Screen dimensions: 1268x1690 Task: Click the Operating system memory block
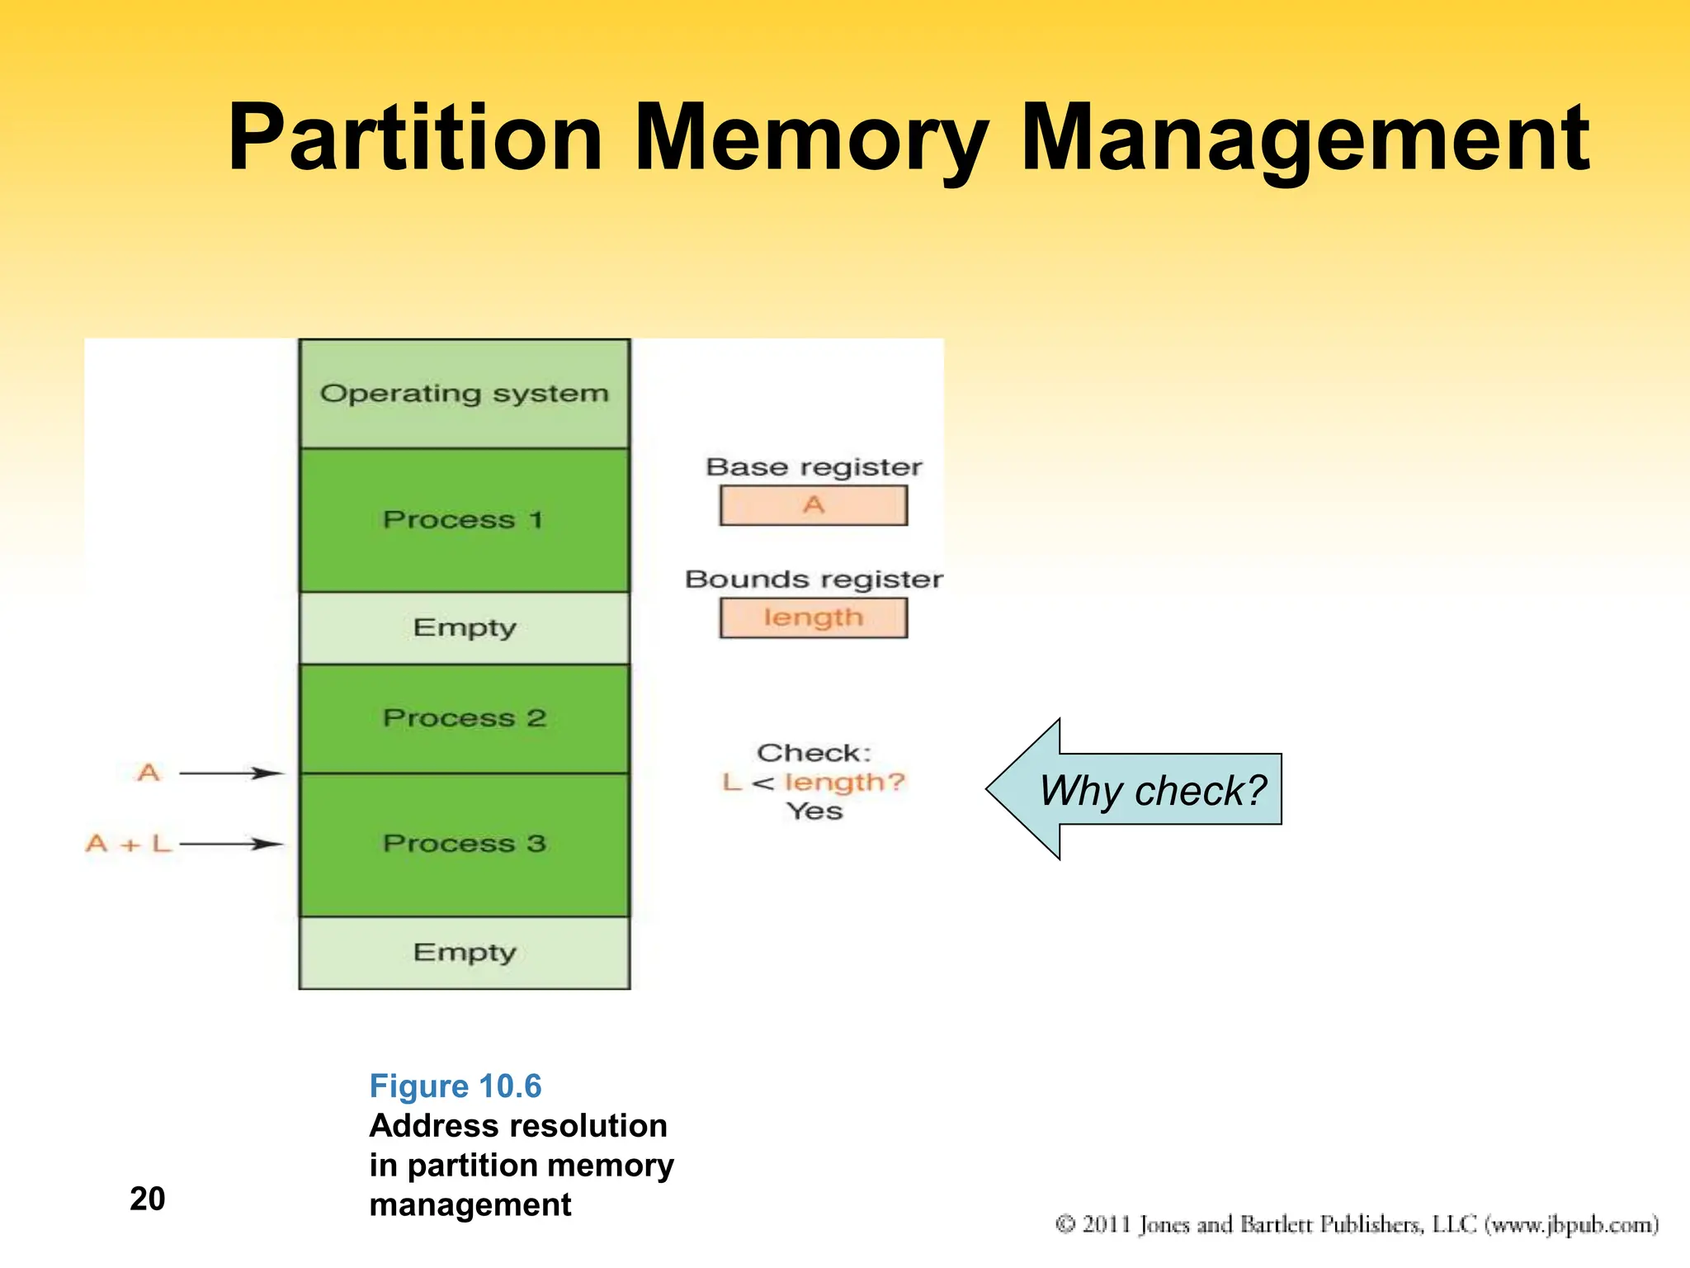(465, 394)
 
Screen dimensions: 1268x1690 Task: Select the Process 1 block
(465, 520)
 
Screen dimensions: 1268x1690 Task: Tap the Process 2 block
(465, 718)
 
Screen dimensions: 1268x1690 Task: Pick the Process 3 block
(465, 844)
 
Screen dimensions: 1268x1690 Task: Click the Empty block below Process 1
(465, 627)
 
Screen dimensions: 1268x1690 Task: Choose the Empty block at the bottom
(465, 953)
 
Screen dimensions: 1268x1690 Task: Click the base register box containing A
(813, 505)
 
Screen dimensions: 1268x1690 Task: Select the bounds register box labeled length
(813, 617)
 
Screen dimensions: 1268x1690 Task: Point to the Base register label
(814, 467)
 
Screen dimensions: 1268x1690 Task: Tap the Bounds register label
(814, 580)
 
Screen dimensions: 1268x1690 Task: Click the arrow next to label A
(231, 774)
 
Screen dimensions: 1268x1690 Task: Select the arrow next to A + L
(231, 844)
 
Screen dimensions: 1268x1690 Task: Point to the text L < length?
(814, 782)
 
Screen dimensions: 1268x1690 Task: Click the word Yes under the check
(814, 811)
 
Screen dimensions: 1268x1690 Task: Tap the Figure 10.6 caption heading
(455, 1086)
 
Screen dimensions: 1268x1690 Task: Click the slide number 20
(147, 1199)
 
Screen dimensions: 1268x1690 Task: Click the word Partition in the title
(414, 138)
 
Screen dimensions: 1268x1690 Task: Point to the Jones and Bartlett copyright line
(1357, 1224)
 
